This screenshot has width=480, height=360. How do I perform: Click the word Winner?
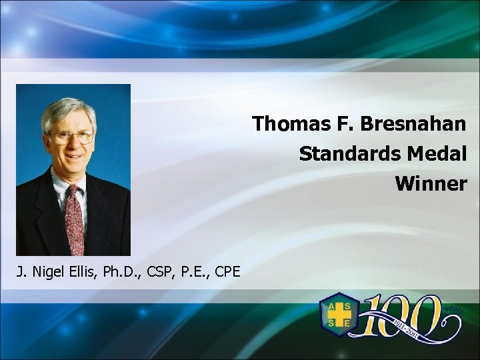click(x=431, y=183)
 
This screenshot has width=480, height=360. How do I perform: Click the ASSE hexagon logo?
click(x=339, y=314)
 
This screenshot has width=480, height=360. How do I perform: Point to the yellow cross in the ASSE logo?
click(x=339, y=314)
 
